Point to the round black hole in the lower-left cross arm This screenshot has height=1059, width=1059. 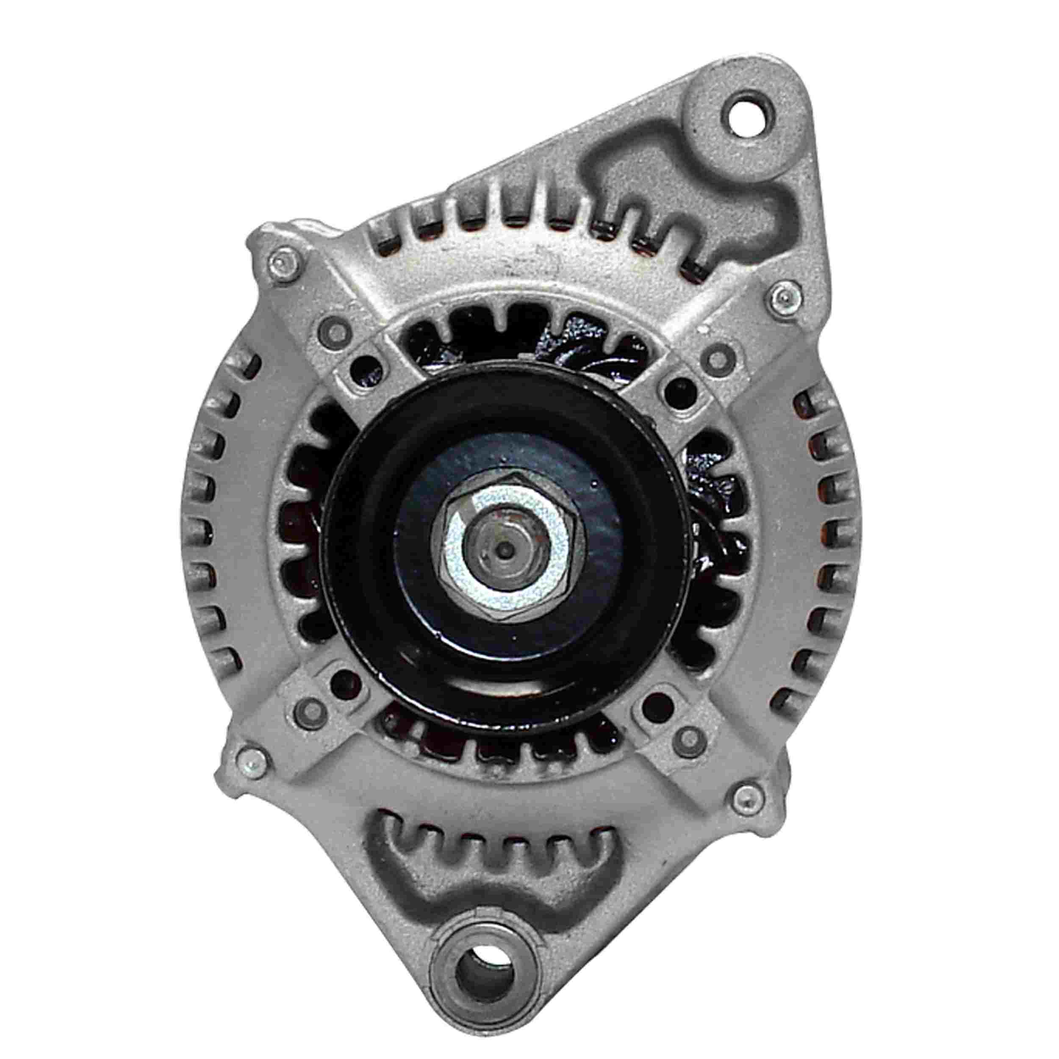[343, 681]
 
